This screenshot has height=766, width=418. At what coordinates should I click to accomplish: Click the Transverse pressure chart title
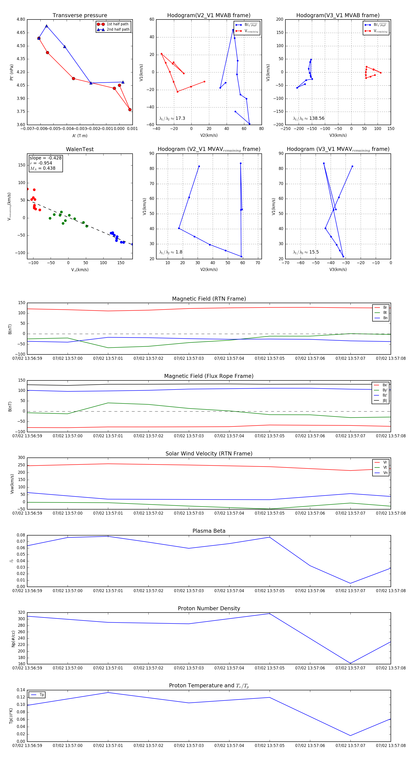80,16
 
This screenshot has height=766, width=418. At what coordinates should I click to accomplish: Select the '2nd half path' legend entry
118,29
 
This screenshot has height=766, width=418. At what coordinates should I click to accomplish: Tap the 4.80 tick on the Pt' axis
21,19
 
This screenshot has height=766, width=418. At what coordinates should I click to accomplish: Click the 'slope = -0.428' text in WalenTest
46,158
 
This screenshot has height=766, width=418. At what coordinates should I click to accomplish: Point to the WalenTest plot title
80,149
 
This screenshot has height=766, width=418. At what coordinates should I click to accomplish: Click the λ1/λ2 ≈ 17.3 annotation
172,118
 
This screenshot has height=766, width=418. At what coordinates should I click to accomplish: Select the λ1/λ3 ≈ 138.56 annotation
309,118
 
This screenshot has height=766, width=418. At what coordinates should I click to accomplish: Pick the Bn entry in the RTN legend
385,318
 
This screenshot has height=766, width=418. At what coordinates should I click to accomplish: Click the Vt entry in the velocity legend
385,467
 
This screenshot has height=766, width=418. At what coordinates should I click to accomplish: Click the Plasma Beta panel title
209,531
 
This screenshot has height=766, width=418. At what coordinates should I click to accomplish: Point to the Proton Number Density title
209,608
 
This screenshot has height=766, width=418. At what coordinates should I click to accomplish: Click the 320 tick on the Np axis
21,612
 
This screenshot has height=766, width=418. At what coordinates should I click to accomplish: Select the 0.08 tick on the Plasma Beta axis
21,535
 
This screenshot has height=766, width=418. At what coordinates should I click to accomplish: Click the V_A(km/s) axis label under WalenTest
80,270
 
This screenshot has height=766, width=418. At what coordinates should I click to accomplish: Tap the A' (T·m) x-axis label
80,136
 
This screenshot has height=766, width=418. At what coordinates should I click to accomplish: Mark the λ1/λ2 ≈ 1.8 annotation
171,252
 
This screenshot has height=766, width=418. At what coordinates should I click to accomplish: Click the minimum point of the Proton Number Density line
350,663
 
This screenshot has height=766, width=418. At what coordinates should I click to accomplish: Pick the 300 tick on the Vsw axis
21,458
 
